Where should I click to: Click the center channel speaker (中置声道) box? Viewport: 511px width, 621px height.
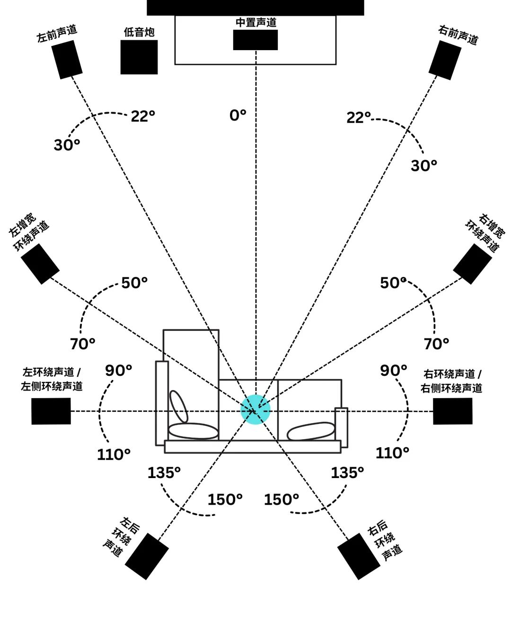255,40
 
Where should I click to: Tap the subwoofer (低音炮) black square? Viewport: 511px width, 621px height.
139,57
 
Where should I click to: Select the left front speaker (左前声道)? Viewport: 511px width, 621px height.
67,59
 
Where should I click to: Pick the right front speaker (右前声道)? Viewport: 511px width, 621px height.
445,60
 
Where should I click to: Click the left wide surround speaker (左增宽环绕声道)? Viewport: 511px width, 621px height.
40,264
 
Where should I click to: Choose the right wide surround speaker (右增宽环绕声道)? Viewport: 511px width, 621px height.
472,264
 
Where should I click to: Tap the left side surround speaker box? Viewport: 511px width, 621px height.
51,411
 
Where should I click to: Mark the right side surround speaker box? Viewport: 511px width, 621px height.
453,411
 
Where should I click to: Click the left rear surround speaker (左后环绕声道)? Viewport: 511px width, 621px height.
147,556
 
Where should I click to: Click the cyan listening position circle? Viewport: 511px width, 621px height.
255,409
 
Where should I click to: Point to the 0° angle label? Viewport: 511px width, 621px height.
238,115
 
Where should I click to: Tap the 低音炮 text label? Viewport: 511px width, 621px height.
139,32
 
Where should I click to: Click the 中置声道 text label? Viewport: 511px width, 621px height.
256,23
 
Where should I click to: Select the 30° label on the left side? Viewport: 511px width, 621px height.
67,145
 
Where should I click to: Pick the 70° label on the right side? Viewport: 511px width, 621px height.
436,344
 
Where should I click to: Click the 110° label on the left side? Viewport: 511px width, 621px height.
114,454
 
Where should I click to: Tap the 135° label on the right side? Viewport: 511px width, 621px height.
347,472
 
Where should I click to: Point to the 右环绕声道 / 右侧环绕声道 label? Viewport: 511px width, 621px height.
452,381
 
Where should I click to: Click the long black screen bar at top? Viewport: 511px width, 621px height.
255,8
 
